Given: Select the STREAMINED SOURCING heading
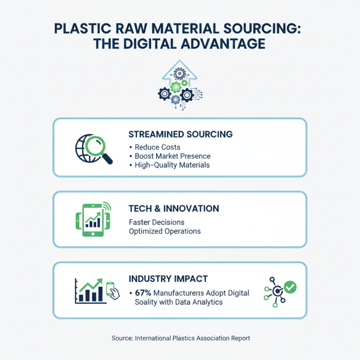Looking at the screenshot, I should click(180, 134).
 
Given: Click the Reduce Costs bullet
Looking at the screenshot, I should click(155, 147).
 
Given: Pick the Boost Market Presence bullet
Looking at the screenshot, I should click(172, 156).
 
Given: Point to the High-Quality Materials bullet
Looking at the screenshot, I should click(172, 165).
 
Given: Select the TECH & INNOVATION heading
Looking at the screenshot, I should click(174, 209).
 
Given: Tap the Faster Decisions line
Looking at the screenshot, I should click(156, 222).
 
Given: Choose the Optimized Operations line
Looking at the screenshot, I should click(165, 231).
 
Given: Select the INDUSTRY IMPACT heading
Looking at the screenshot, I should click(168, 279).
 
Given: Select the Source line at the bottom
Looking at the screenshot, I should click(180, 338).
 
